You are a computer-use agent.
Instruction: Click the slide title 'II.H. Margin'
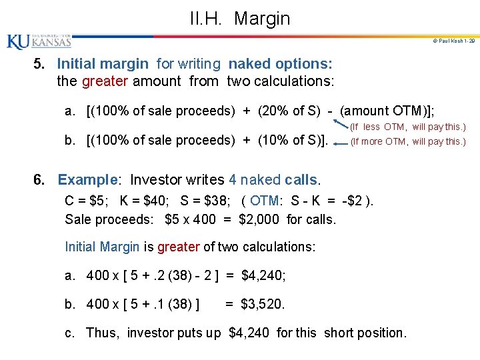coord(240,18)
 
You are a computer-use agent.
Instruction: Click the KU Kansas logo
coord(39,41)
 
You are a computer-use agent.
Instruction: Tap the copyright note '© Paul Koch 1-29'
coord(454,41)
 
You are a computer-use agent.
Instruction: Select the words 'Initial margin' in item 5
coord(103,64)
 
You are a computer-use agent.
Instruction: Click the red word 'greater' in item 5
coord(105,81)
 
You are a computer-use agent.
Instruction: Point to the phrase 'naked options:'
coord(280,64)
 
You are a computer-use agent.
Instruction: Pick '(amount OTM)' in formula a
coord(383,111)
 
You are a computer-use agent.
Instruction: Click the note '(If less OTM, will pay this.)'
coord(407,127)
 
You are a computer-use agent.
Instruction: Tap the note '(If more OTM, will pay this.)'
coord(407,141)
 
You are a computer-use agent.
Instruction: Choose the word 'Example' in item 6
coord(87,180)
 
